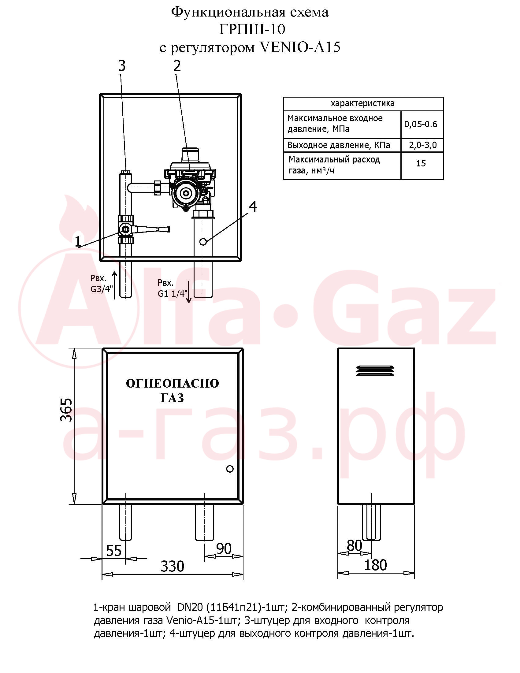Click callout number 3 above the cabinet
[x=122, y=66]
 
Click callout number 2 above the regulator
[x=177, y=66]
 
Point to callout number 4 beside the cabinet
[x=253, y=207]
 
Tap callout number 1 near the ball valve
[x=78, y=241]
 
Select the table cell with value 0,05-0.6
[x=421, y=124]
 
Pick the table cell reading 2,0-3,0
[x=423, y=145]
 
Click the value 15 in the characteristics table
[x=421, y=163]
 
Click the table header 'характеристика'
[x=362, y=103]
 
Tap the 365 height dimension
[x=67, y=410]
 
